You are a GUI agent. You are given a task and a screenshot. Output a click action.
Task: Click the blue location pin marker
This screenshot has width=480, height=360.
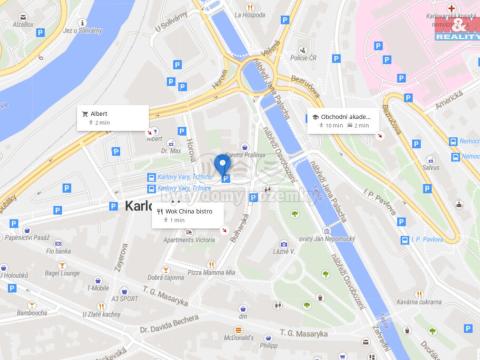[x=222, y=166]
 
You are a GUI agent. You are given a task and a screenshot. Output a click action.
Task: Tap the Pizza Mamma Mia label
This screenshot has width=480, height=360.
[x=210, y=272]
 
